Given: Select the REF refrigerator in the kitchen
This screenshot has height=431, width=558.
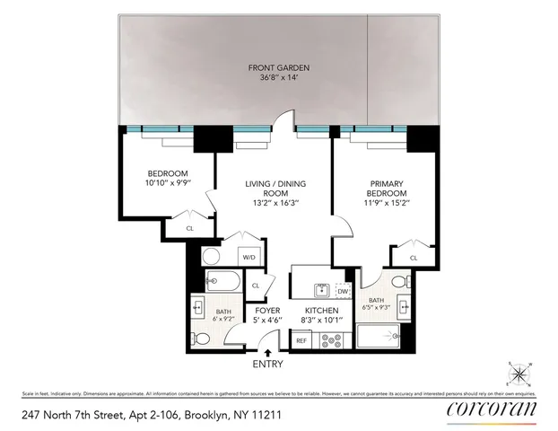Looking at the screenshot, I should [x=301, y=340].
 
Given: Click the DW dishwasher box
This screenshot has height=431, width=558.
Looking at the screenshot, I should [x=343, y=290].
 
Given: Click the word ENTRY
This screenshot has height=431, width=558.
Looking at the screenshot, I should [x=268, y=364].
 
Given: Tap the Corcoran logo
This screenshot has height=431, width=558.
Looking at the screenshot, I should [x=492, y=409].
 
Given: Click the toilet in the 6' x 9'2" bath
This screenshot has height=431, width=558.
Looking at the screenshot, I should [x=202, y=339].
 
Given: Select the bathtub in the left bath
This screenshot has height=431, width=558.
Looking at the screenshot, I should [x=219, y=279].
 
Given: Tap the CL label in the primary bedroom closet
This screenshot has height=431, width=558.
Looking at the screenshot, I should [x=414, y=258].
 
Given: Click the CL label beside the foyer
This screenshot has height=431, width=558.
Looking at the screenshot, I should [x=256, y=286].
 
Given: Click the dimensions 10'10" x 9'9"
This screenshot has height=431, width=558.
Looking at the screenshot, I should [x=168, y=182].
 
